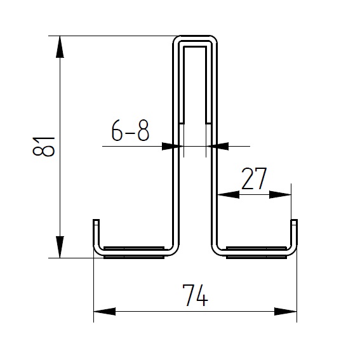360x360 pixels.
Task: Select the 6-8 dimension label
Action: click(130, 131)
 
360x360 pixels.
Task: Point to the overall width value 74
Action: click(196, 296)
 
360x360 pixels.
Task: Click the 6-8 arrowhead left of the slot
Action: click(169, 146)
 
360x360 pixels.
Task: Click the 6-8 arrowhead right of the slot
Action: click(220, 146)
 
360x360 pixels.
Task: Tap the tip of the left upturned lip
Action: click(96, 222)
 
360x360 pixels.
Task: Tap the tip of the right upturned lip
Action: click(295, 222)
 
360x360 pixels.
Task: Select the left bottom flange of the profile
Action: click(133, 252)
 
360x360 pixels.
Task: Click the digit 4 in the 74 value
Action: click(203, 296)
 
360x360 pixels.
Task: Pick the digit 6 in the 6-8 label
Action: click(117, 131)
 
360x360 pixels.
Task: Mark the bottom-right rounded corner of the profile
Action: click(291, 253)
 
